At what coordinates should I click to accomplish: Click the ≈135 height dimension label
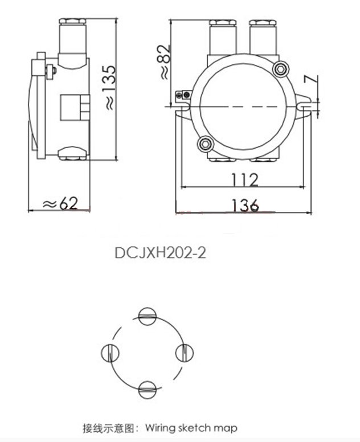pyautogui.click(x=108, y=85)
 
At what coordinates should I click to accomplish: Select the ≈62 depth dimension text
pyautogui.click(x=60, y=203)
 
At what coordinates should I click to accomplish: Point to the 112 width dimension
pyautogui.click(x=244, y=179)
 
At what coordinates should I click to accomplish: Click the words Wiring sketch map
pyautogui.click(x=191, y=427)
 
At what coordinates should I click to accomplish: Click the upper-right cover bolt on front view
pyautogui.click(x=279, y=69)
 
